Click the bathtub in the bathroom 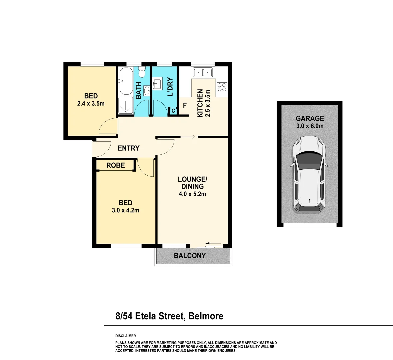click(x=126, y=81)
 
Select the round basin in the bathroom click(x=147, y=90)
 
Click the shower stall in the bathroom click(x=126, y=106)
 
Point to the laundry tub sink click(x=157, y=83)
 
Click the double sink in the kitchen click(x=203, y=72)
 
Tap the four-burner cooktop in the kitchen click(x=222, y=87)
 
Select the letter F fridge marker click(x=185, y=105)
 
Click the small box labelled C click(x=173, y=111)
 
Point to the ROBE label click(x=116, y=165)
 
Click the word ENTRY click(x=129, y=148)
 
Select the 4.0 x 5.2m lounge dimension click(x=192, y=194)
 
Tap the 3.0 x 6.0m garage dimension click(x=310, y=126)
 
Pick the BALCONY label click(x=190, y=256)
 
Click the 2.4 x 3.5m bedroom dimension click(x=91, y=104)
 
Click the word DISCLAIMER click(x=126, y=336)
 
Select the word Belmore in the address click(x=206, y=316)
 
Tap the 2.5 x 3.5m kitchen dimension click(x=208, y=103)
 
